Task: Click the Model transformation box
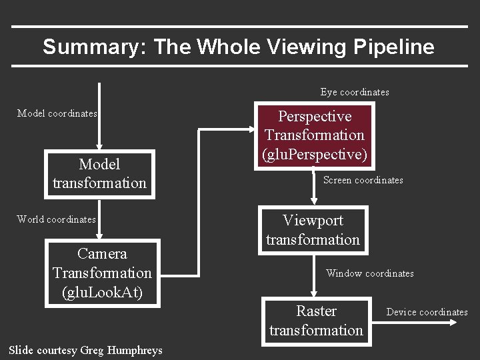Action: [x=99, y=173]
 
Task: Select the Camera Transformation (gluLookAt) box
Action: [x=102, y=273]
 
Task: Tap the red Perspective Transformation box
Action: [x=314, y=136]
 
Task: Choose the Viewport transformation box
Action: [x=313, y=230]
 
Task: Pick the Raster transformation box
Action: [x=316, y=321]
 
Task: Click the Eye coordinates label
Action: [x=355, y=92]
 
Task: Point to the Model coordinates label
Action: [x=57, y=113]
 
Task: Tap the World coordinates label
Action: [x=57, y=219]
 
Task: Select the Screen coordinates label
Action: [x=363, y=180]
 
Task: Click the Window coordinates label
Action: [x=369, y=273]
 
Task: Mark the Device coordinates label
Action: [x=427, y=312]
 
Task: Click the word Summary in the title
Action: [x=93, y=47]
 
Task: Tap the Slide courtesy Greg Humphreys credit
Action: [x=85, y=350]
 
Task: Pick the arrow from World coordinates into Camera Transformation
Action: [x=99, y=233]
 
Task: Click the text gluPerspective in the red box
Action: [x=314, y=155]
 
